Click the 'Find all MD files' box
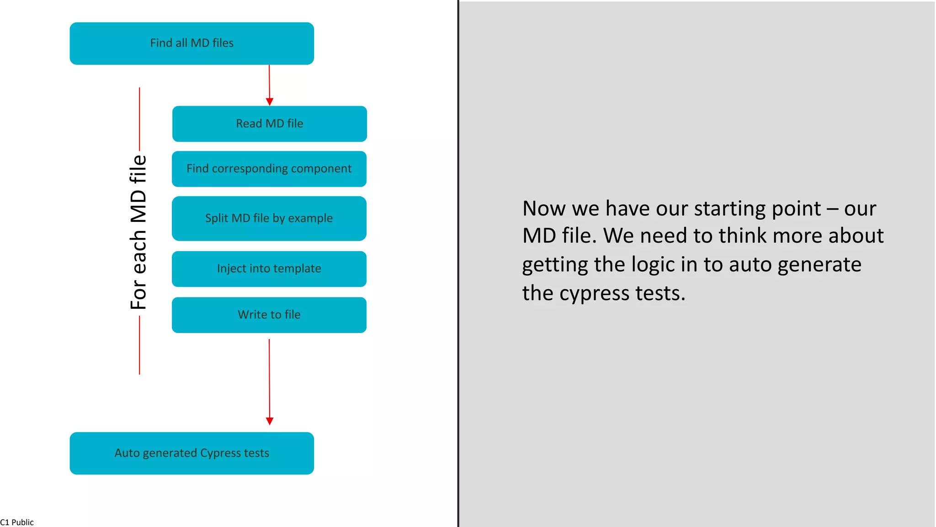tap(191, 43)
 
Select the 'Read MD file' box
tap(269, 124)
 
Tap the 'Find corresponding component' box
tap(269, 169)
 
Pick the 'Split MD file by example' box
tap(269, 219)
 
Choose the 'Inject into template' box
tap(269, 269)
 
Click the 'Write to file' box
tap(269, 315)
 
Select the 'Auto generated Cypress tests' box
tap(191, 453)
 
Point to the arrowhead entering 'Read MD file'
tap(270, 102)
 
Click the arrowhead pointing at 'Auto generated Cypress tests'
tap(270, 421)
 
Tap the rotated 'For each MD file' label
tap(138, 232)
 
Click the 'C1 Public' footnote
tap(17, 522)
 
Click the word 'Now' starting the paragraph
tap(544, 209)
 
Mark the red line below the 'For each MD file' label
tap(139, 345)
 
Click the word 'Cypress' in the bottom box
tap(220, 453)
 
